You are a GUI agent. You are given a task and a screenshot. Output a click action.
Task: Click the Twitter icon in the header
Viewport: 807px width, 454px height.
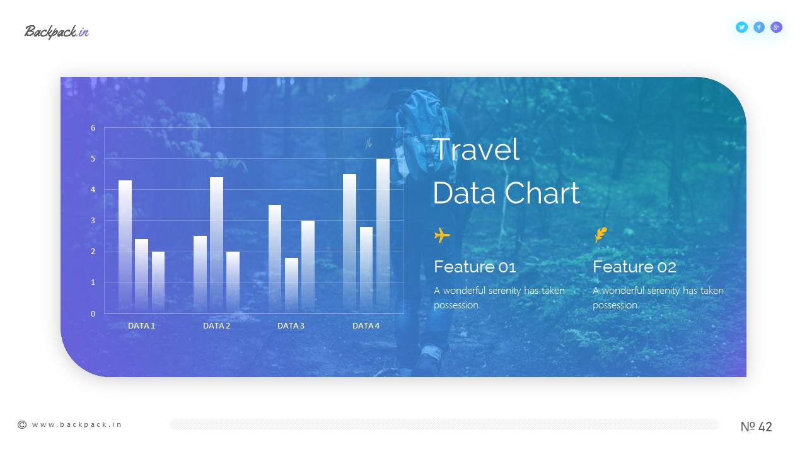741,27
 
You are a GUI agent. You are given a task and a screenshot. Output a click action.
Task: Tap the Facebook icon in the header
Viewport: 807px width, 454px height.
758,27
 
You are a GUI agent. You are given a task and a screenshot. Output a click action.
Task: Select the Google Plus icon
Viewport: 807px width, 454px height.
776,27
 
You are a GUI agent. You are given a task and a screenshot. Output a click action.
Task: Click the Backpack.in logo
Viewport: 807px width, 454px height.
57,32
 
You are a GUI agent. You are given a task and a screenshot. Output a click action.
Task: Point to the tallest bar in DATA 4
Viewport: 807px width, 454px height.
383,236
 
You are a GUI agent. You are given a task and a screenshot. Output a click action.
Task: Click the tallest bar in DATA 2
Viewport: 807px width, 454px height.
216,245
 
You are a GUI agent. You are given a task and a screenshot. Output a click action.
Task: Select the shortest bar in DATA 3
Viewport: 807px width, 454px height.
291,286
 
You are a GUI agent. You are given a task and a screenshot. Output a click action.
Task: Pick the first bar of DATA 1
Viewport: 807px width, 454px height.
125,247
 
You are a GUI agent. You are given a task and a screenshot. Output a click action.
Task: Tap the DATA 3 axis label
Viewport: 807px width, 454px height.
291,326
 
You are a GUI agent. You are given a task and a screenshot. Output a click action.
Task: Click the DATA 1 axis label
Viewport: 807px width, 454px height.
141,326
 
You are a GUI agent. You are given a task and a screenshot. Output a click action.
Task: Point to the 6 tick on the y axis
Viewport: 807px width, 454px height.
93,127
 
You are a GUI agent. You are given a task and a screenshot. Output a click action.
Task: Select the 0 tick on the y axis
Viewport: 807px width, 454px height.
93,313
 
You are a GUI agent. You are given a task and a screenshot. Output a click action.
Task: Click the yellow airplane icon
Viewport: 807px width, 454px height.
442,235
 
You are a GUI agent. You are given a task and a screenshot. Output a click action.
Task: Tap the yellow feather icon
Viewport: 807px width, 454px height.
601,235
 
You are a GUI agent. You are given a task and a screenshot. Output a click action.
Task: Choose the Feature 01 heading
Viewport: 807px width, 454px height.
475,267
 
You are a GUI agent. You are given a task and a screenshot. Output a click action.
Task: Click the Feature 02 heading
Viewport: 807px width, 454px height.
634,267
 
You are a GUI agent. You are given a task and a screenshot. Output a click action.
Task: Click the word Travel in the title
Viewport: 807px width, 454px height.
476,149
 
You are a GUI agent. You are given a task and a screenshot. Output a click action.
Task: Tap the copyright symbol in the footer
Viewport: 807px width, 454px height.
22,425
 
